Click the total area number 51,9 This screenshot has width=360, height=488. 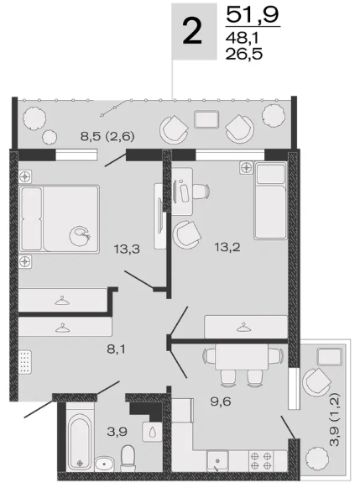(253, 15)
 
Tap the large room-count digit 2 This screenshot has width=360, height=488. (193, 31)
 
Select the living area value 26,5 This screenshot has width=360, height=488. (244, 54)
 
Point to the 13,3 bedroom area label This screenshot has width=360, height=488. (127, 249)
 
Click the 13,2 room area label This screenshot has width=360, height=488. (227, 248)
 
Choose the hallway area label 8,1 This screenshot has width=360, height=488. (116, 349)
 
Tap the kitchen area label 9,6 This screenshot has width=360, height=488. (221, 401)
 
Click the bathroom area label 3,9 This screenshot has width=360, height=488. (117, 432)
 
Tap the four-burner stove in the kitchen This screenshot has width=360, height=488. (261, 461)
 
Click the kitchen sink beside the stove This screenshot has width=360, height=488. (217, 461)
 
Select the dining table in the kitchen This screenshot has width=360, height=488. (241, 356)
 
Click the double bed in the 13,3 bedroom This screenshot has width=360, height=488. (59, 218)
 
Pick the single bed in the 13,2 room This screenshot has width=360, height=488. (270, 201)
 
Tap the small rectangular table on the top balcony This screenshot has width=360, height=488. (206, 119)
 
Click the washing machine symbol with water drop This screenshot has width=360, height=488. (153, 432)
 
